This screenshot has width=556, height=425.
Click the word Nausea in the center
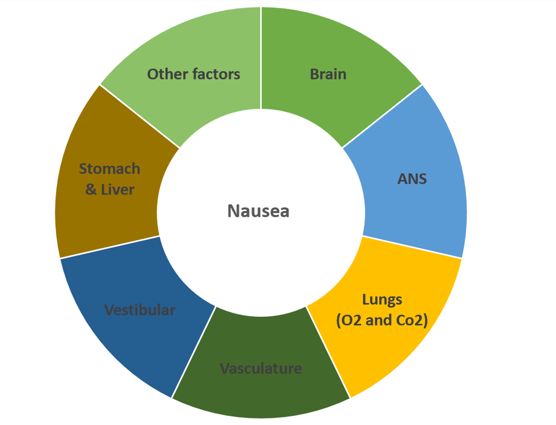(258, 211)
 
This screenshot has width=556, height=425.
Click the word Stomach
(109, 168)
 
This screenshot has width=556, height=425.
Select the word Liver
(117, 190)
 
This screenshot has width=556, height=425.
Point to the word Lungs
(382, 299)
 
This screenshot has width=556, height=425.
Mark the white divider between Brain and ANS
(382, 116)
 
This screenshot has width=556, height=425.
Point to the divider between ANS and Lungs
(412, 247)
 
